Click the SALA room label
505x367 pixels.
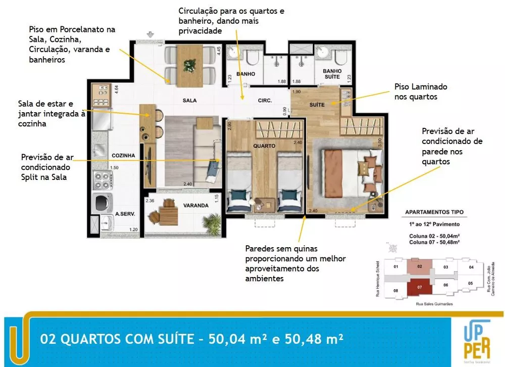click(189, 101)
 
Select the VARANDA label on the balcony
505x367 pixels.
click(196, 206)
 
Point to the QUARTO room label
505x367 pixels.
click(265, 146)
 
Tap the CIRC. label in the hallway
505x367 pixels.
click(265, 101)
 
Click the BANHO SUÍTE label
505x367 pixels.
click(332, 74)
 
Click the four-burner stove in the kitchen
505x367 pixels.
click(101, 180)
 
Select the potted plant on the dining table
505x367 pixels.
click(190, 65)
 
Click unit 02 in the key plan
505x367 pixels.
click(420, 266)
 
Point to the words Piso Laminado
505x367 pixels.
click(421, 87)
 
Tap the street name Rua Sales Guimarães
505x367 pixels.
click(420, 304)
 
